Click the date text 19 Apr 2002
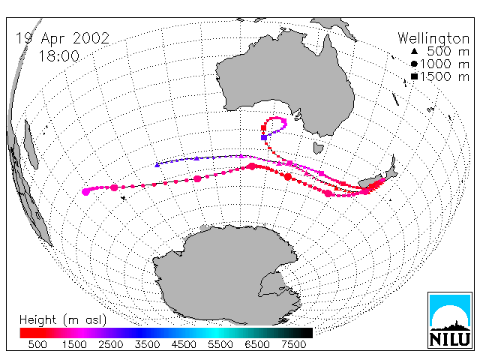click(62, 39)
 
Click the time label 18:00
click(58, 56)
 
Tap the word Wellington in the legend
click(433, 39)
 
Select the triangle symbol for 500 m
click(414, 51)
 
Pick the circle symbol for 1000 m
click(414, 64)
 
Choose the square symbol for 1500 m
click(414, 76)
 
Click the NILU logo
click(450, 320)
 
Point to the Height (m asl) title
click(63, 320)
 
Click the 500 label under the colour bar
click(37, 344)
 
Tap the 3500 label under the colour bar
click(147, 344)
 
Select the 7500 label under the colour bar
click(293, 344)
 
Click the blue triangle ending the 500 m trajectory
click(157, 165)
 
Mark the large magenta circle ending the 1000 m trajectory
click(86, 192)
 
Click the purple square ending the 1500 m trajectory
click(264, 137)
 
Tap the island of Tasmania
click(318, 148)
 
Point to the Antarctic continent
click(226, 275)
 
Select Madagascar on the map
click(31, 145)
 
